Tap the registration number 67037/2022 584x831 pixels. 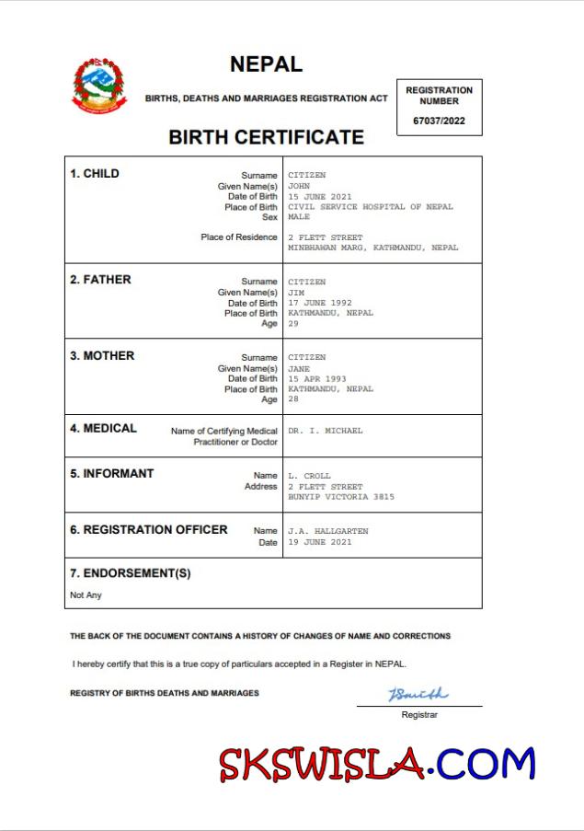pos(440,121)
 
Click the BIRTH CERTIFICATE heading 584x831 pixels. pos(266,137)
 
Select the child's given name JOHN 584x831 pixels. pos(299,186)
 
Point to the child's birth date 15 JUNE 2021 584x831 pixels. pos(320,197)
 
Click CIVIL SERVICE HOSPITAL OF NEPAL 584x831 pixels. pos(370,207)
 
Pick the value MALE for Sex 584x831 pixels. pos(299,217)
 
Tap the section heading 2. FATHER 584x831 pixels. pos(100,280)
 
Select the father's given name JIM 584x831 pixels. pos(296,293)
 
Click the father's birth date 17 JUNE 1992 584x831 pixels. pos(320,303)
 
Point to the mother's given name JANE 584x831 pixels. pos(299,368)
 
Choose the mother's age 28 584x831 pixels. pos(293,399)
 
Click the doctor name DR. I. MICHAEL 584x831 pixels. pos(325,431)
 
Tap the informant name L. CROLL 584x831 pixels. pos(309,476)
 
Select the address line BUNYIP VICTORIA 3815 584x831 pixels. pos(340,497)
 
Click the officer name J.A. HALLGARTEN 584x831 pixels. pos(327,531)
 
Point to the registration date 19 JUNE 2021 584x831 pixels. pos(319,542)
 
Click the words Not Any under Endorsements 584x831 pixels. pos(86,595)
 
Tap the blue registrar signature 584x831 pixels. pos(418,693)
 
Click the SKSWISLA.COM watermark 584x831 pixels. pos(377,764)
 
